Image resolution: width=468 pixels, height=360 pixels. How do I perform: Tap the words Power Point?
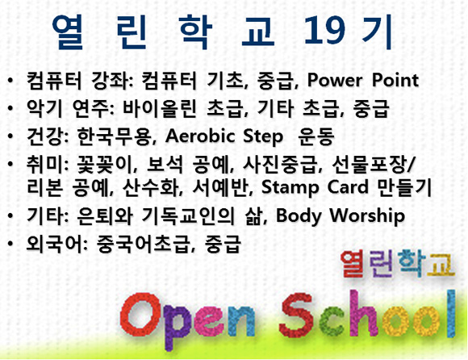(x=363, y=81)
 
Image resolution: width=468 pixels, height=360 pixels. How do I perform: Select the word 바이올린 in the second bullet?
(x=160, y=109)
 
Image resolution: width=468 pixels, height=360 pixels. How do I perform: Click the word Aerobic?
(x=200, y=136)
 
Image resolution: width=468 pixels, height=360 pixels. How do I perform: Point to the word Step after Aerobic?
(x=263, y=137)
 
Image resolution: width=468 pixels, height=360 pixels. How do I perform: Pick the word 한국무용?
(x=114, y=136)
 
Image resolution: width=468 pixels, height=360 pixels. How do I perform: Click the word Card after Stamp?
(x=348, y=187)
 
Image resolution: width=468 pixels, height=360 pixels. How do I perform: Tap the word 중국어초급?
(x=142, y=244)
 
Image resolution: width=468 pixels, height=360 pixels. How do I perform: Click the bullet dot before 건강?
(x=10, y=136)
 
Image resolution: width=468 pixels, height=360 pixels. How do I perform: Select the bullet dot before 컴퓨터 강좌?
(x=10, y=81)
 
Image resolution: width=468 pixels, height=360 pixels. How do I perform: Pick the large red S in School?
(x=296, y=314)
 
